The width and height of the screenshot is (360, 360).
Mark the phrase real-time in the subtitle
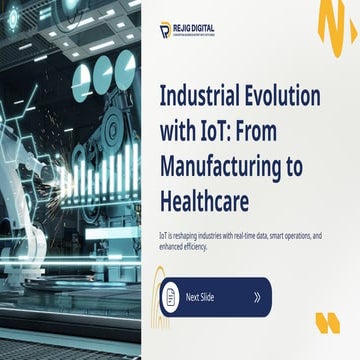click(257, 234)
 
